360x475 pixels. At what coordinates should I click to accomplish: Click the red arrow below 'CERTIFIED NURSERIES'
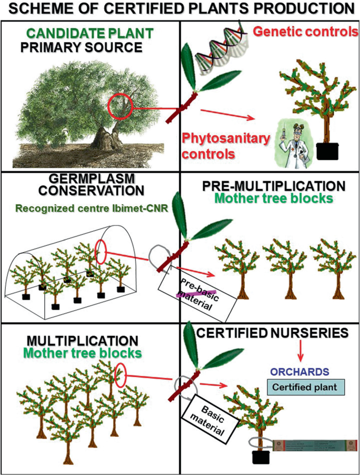pos(301,352)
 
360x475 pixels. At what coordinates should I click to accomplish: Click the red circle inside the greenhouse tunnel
pos(102,253)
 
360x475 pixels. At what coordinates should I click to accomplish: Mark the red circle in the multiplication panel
pos(120,375)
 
